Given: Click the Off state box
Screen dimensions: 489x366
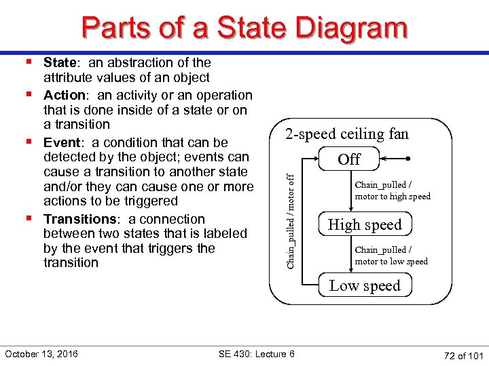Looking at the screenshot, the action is point(349,159).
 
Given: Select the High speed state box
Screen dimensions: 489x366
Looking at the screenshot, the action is point(365,224).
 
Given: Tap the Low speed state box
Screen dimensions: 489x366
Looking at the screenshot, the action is point(365,285).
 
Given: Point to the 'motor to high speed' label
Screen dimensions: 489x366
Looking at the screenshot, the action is point(393,197).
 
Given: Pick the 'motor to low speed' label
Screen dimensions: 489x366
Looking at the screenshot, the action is point(391,262).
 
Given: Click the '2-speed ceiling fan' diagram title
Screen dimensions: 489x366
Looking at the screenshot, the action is point(347,134).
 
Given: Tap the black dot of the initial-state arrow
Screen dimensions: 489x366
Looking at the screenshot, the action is point(409,159).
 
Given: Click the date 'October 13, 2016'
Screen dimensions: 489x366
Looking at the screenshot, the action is point(41,354).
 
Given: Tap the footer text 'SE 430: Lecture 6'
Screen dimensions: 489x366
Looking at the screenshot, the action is point(257,354).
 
